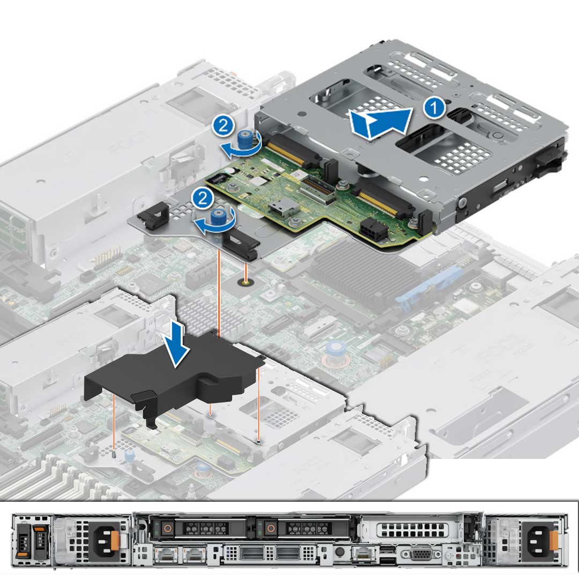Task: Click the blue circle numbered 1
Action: (x=434, y=108)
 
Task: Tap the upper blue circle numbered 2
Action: (x=222, y=127)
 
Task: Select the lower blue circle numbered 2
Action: (x=202, y=198)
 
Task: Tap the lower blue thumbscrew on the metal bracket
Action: (x=218, y=217)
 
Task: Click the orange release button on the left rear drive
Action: (x=168, y=528)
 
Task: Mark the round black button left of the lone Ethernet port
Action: (x=339, y=553)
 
